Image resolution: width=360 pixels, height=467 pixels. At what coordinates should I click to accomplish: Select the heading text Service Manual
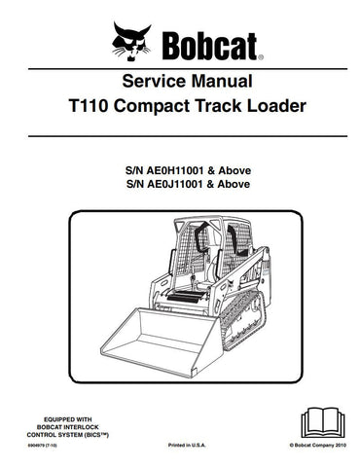point(179,84)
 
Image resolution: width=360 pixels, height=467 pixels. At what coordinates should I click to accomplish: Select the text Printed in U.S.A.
point(180,453)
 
